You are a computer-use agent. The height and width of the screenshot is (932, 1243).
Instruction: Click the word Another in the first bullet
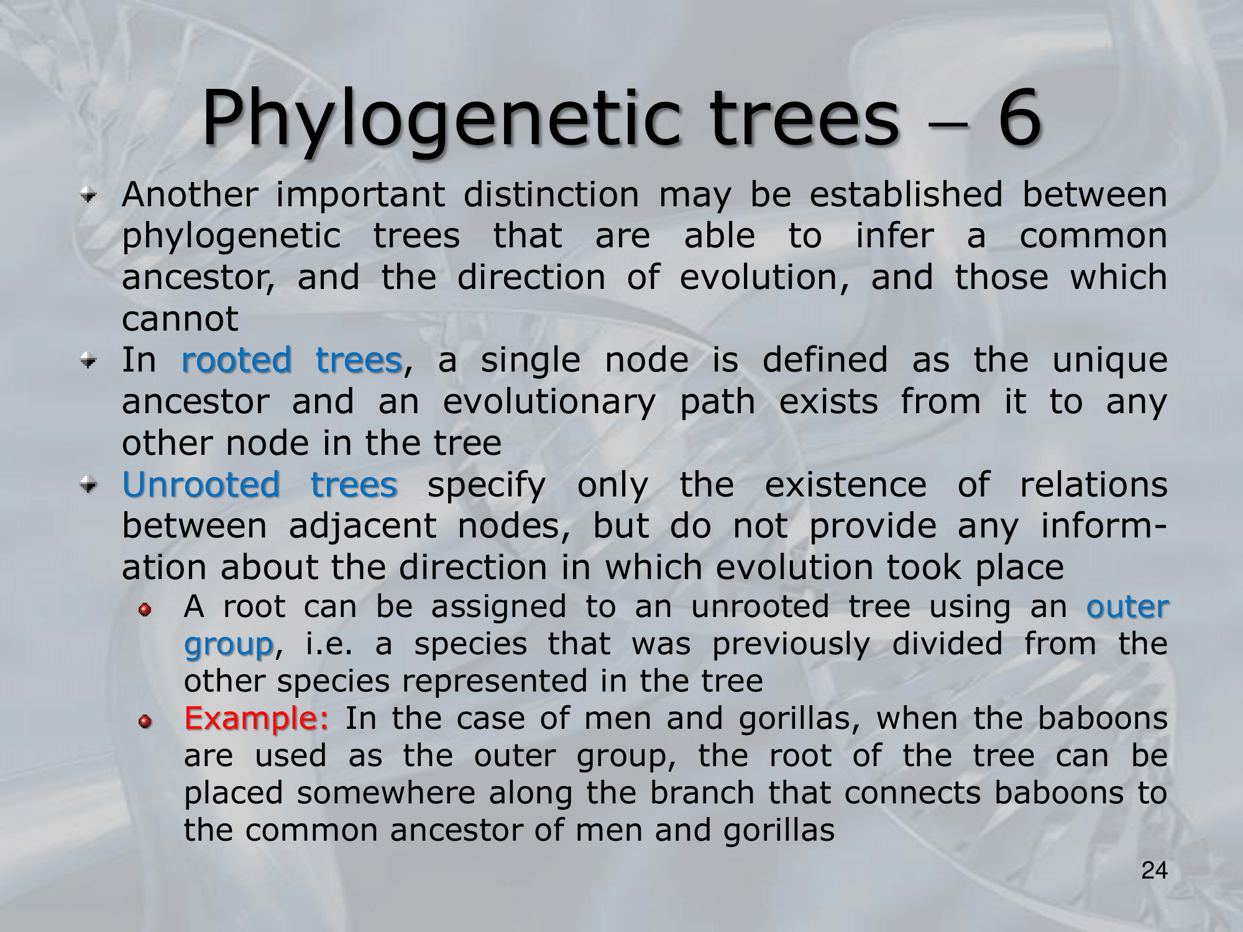point(190,194)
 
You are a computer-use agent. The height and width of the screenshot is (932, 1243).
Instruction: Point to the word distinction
point(551,194)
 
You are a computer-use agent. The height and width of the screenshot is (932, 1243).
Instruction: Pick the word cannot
point(180,319)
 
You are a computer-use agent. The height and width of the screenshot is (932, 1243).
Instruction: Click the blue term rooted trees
point(292,360)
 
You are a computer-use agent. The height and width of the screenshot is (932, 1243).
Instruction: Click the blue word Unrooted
point(201,485)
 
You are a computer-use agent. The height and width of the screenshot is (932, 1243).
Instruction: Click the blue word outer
point(1127,607)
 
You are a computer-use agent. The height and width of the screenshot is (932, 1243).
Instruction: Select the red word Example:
point(256,719)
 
